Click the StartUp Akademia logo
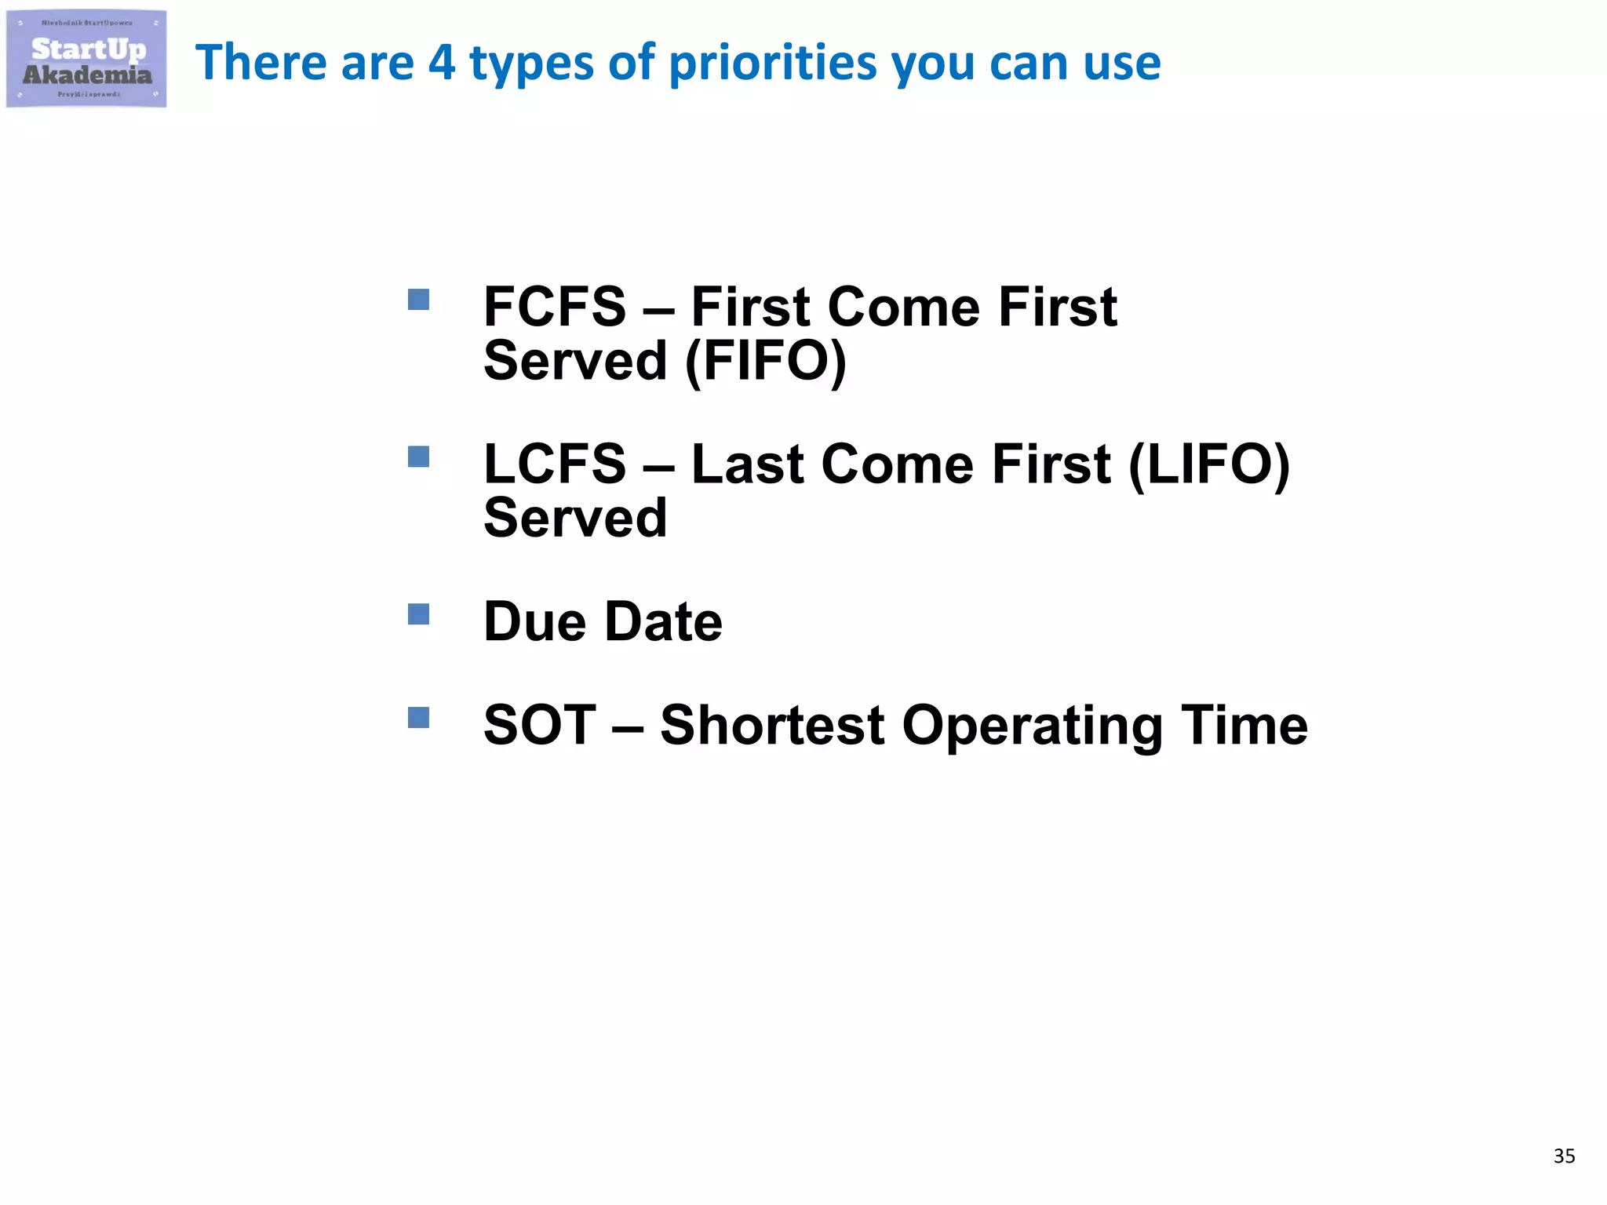86,60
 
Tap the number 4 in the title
441,63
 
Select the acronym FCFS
555,307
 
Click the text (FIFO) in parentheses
766,362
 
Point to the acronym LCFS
555,464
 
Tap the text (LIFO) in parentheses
1208,464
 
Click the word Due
534,622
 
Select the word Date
664,622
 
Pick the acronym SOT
540,725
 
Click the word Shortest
772,725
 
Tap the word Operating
1032,726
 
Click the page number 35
1564,1156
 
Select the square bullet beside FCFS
418,300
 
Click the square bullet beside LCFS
418,457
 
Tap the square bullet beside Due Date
418,614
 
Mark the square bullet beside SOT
418,718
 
